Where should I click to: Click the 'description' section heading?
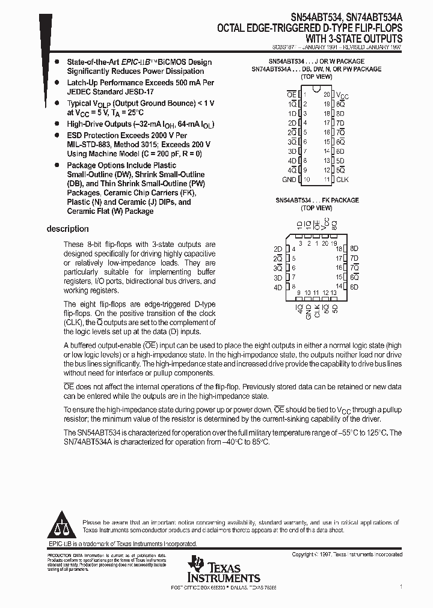pos(67,229)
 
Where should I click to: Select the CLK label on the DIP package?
pos(342,179)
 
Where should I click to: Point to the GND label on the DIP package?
pos(289,179)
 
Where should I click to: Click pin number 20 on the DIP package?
pos(327,94)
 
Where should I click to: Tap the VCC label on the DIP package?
pos(342,95)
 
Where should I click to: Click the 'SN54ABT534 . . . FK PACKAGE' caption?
pos(317,200)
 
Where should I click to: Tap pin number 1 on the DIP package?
pos(305,94)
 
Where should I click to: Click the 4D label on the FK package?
pos(277,287)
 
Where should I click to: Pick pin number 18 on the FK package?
pos(339,249)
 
